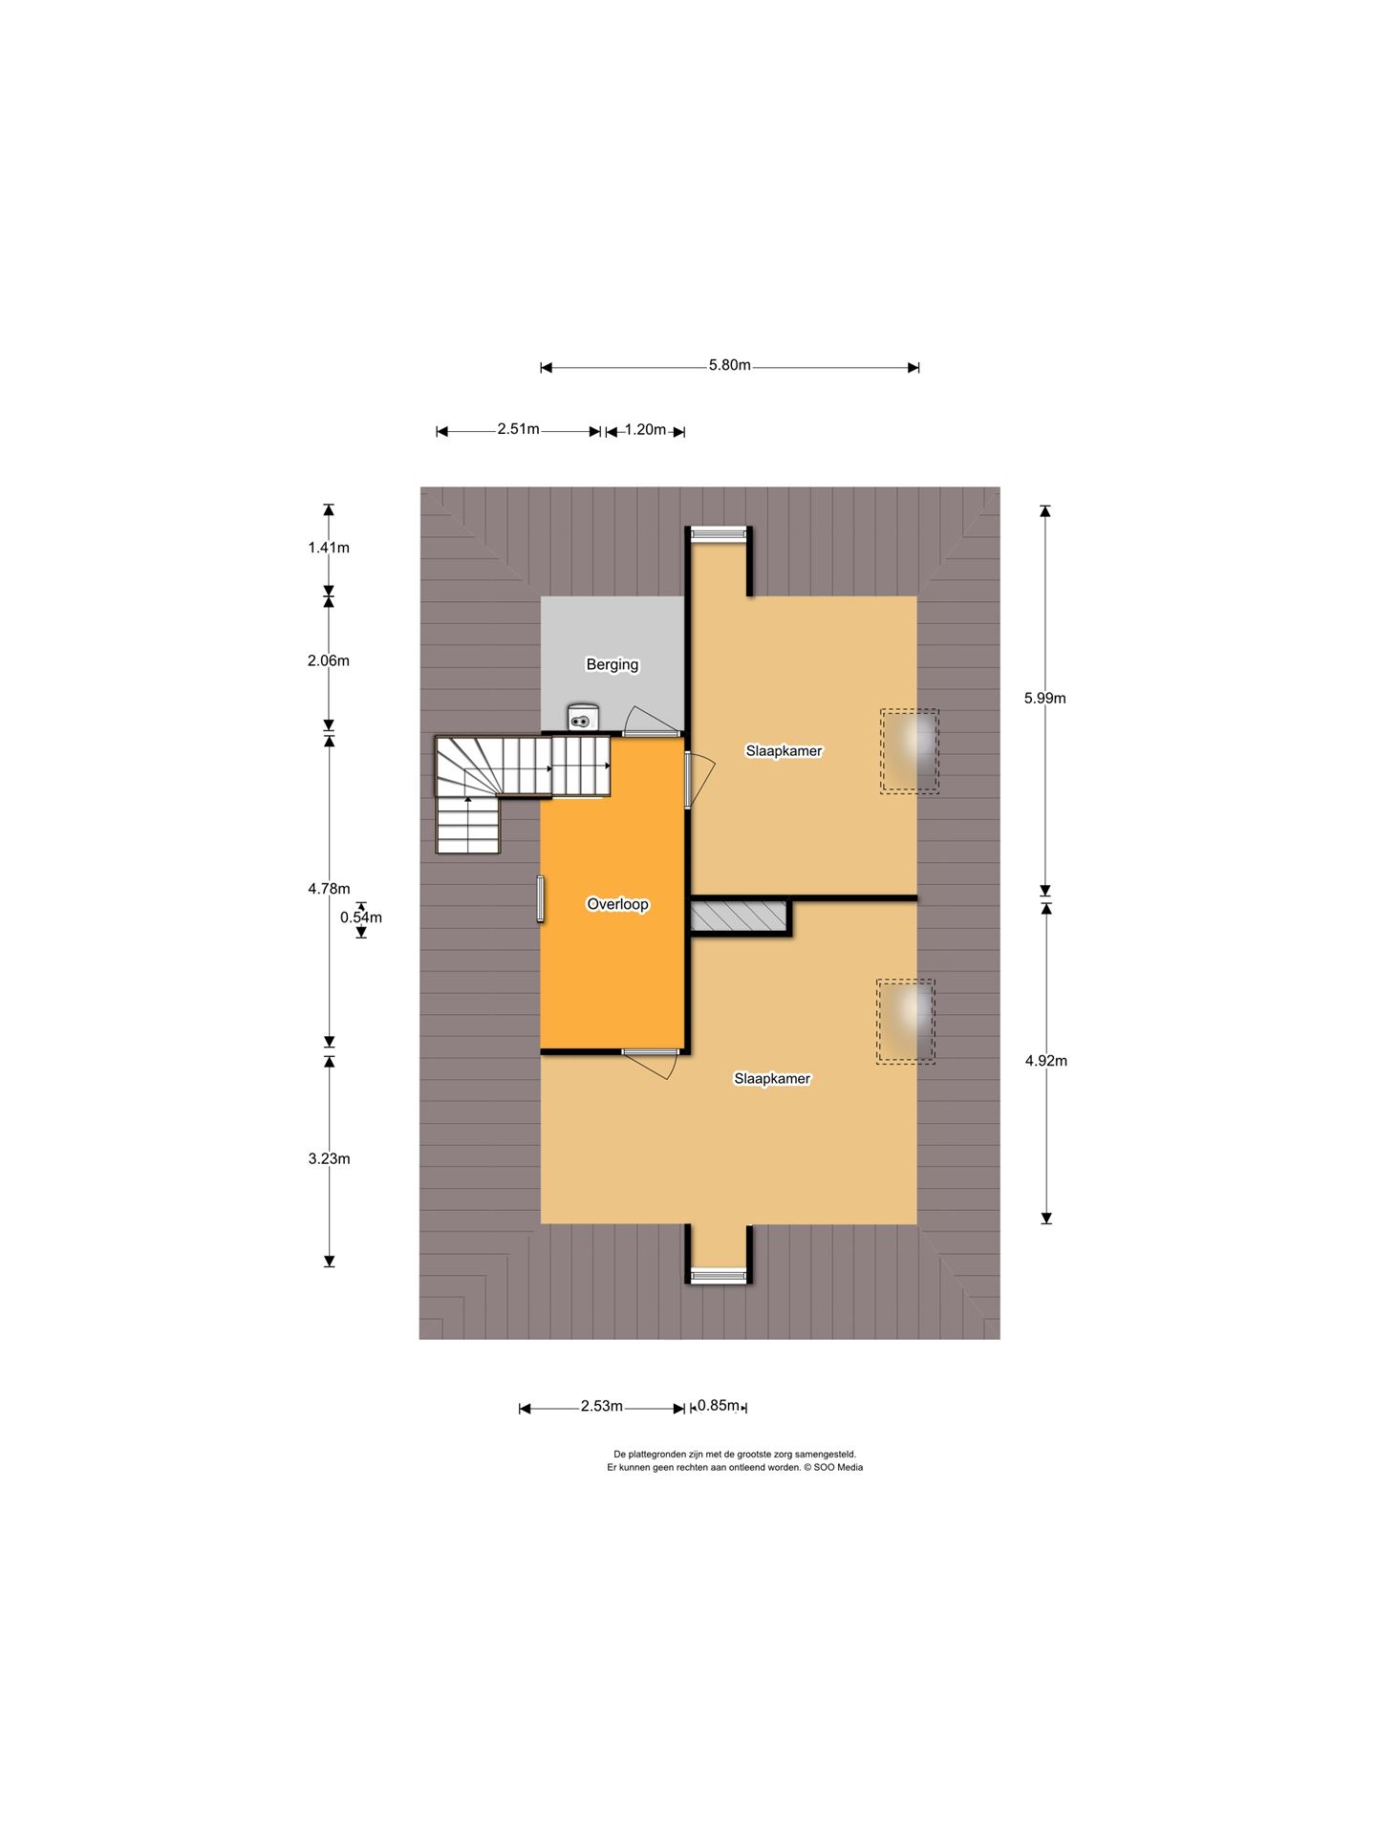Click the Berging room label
point(612,664)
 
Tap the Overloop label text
point(617,904)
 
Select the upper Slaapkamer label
point(784,751)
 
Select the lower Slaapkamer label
point(772,1079)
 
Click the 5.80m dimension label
point(730,365)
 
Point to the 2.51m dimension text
point(518,429)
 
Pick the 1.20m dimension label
point(645,429)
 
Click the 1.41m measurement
point(329,548)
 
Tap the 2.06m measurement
point(329,660)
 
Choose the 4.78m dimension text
point(329,889)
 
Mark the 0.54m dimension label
point(361,917)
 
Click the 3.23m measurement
point(329,1159)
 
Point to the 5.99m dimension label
point(1045,699)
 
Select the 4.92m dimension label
point(1046,1061)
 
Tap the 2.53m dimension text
point(602,1406)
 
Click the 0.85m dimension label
point(719,1405)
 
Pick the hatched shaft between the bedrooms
point(739,917)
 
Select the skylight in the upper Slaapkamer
point(910,751)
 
